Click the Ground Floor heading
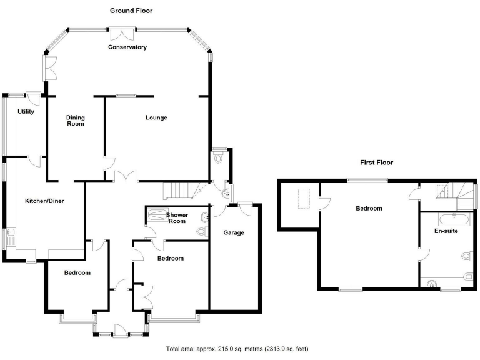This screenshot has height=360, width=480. (x=131, y=11)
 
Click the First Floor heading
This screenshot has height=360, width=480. (x=376, y=162)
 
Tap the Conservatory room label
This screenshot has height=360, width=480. (x=127, y=47)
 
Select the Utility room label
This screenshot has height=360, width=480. (x=26, y=111)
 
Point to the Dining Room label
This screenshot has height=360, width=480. (x=75, y=121)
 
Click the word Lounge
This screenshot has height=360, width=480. (x=156, y=117)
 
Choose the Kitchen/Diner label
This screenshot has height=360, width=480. (x=45, y=201)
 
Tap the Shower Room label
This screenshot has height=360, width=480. (x=177, y=218)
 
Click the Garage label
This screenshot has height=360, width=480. (x=234, y=232)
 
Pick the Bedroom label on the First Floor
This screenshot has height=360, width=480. (x=369, y=209)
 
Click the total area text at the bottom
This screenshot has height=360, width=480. (x=237, y=349)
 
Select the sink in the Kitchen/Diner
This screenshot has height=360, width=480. (x=11, y=236)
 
